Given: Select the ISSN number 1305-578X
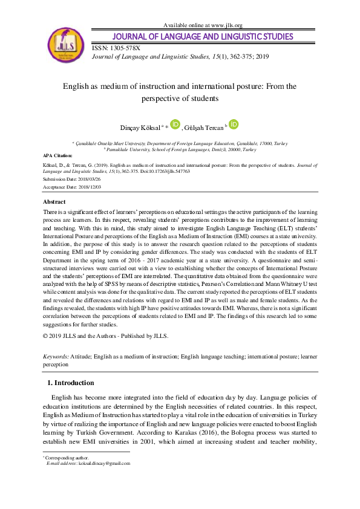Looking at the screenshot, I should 125,47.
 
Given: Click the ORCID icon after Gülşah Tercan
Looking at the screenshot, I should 234,124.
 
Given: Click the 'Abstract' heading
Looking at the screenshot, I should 54,201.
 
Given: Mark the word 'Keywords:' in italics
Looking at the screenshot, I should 56,357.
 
